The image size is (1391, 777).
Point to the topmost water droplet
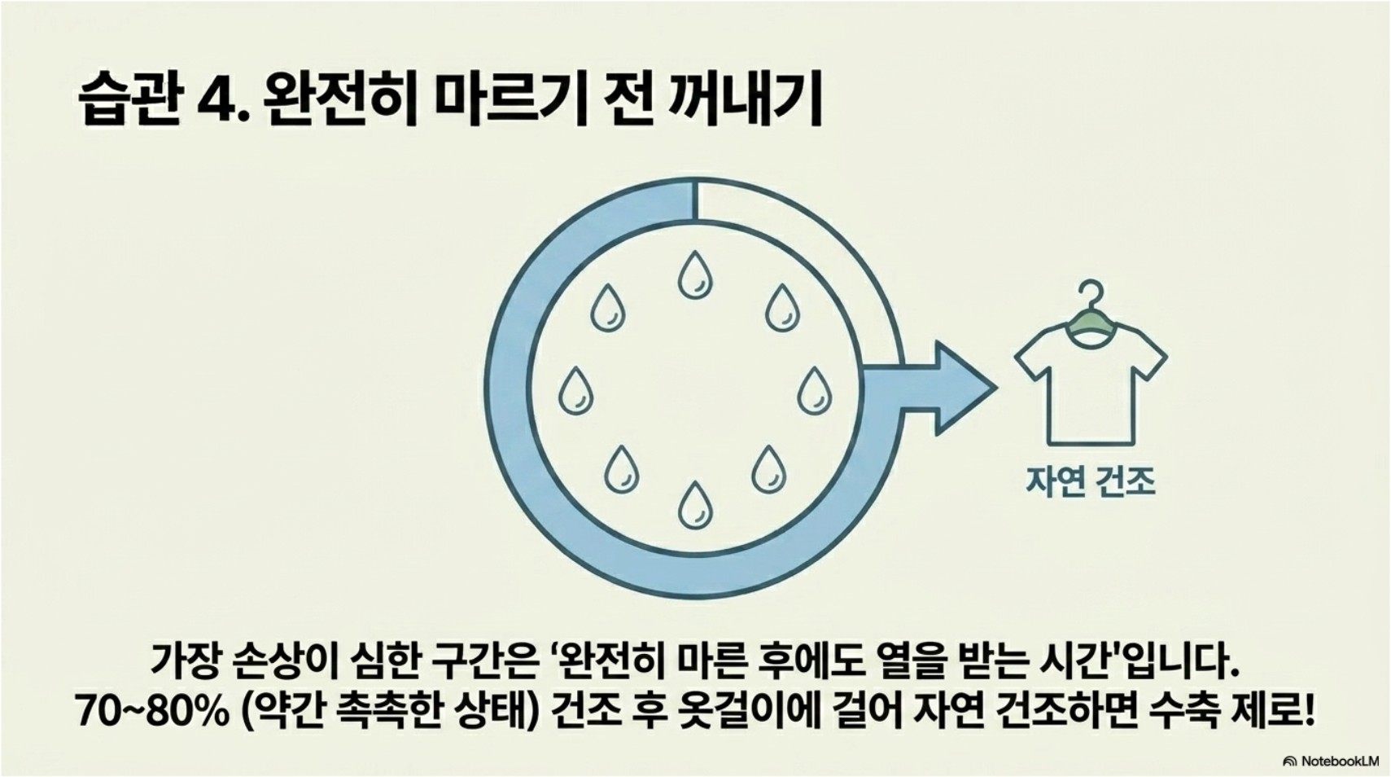(x=694, y=274)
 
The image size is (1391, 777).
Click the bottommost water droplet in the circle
(x=694, y=504)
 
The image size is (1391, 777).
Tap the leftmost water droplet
(x=575, y=390)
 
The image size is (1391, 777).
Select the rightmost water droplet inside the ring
(x=813, y=390)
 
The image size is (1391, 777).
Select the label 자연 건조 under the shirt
(x=1090, y=481)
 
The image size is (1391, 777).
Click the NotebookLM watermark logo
(x=1289, y=762)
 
